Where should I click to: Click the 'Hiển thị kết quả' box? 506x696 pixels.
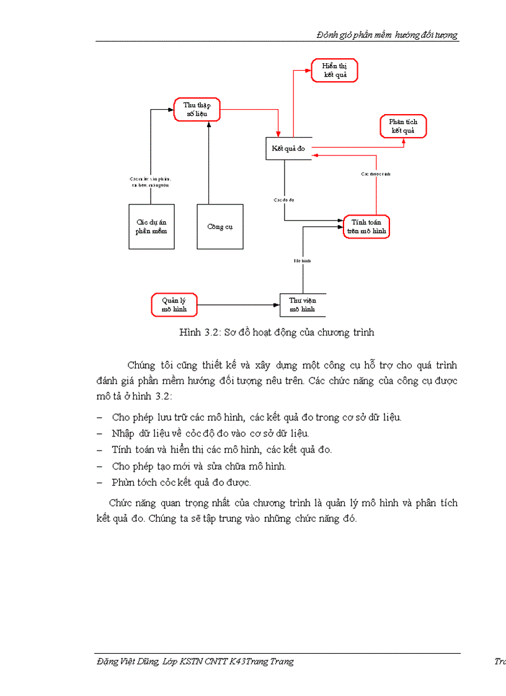(334, 71)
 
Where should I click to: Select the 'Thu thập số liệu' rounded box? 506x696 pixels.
(197, 110)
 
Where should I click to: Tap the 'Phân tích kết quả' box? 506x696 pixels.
(403, 126)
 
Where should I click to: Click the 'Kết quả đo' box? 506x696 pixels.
(288, 149)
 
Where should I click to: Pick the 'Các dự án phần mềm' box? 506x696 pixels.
(151, 226)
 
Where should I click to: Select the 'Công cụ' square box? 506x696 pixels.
(220, 226)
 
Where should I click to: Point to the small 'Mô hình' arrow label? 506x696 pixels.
(303, 261)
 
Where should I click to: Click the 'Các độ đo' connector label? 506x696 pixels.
(283, 200)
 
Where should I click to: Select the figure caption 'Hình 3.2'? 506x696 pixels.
(276, 332)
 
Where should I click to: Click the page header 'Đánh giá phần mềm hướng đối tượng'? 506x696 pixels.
(387, 35)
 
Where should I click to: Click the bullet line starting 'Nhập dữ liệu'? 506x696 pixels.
(210, 433)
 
